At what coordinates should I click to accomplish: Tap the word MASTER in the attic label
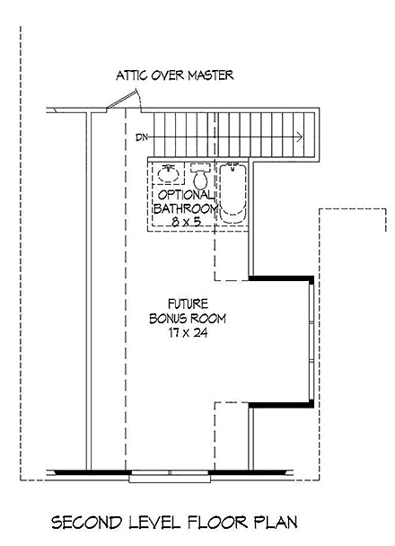[209, 75]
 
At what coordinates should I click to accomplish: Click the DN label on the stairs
[140, 137]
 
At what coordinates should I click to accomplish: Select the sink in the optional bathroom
[167, 173]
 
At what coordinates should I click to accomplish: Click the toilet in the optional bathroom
[199, 177]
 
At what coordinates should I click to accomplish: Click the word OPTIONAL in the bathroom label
[186, 195]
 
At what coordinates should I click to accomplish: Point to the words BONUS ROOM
[188, 318]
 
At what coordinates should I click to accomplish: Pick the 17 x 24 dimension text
[188, 333]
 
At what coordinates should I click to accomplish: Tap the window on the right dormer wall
[312, 342]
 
